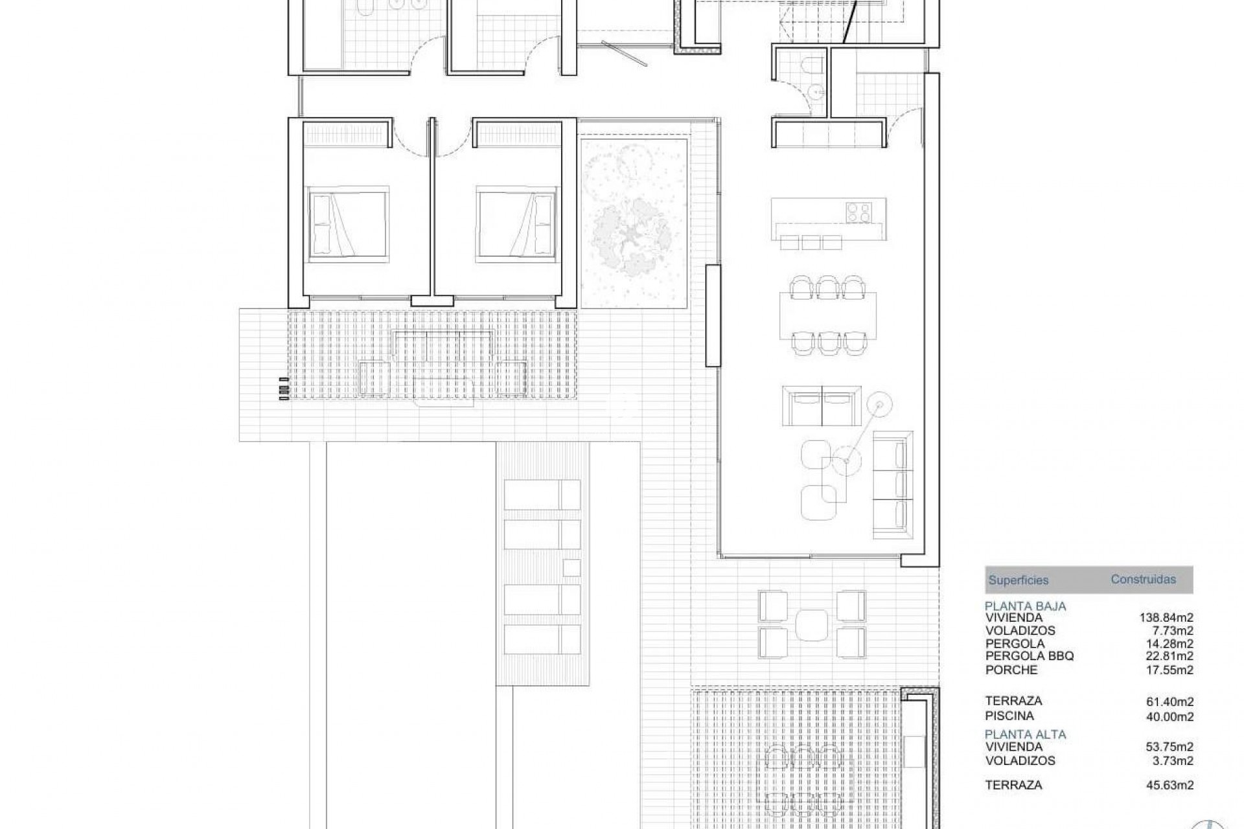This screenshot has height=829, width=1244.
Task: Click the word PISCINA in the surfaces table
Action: tap(1009, 716)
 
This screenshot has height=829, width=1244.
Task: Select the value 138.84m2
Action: tap(1166, 618)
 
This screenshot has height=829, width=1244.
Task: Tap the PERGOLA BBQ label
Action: tap(1030, 656)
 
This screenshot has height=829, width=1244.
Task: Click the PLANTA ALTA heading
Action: tap(1025, 734)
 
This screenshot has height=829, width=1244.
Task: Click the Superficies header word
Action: tap(1018, 580)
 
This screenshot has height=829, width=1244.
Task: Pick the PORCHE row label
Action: tap(1011, 670)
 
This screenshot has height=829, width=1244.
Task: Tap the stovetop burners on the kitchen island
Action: tap(858, 212)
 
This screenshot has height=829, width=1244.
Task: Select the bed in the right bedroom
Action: tap(517, 225)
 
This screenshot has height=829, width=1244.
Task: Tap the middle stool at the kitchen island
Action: tap(811, 242)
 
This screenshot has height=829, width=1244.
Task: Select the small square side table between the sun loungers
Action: tap(571, 567)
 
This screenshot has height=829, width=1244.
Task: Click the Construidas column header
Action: tap(1143, 579)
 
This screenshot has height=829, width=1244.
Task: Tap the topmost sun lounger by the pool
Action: tap(542, 495)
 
